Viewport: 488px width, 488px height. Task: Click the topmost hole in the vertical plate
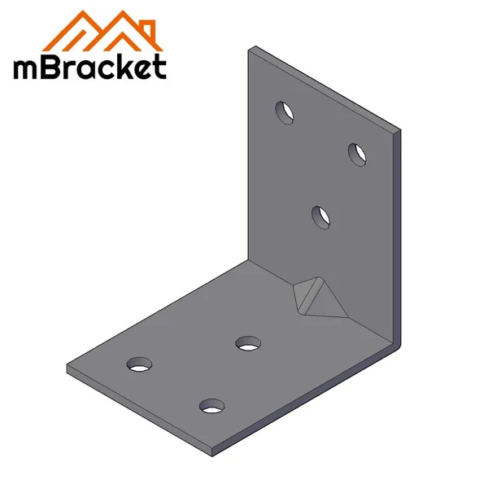285,112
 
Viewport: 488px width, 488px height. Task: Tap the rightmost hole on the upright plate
357,154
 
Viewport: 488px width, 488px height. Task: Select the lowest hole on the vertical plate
321,217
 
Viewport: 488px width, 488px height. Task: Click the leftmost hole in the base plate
140,363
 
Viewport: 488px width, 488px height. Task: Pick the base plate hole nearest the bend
247,343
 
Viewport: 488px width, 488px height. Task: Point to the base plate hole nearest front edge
212,404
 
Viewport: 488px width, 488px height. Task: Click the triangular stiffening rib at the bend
318,298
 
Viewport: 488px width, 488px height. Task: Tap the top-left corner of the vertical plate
249,48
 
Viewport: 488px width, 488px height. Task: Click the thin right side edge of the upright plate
399,236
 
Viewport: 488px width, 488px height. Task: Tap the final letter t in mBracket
159,68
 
